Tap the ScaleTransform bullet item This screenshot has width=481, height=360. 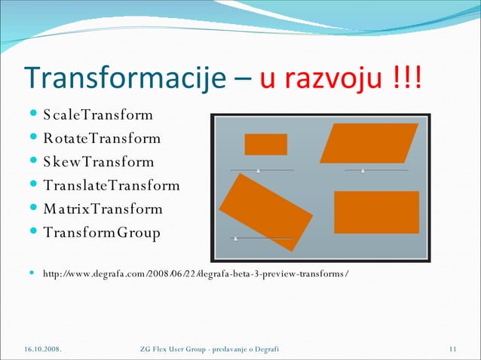[x=98, y=115]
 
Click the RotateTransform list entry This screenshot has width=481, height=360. [x=102, y=139]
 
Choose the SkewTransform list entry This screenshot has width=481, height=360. [x=99, y=162]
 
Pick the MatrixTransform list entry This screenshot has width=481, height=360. [x=103, y=209]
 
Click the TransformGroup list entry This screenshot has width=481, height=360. [x=102, y=233]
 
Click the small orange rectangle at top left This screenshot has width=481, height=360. [x=265, y=144]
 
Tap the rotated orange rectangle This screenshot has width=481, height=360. [x=265, y=212]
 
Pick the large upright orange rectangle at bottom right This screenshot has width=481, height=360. [x=376, y=212]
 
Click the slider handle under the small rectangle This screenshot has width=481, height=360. [x=259, y=171]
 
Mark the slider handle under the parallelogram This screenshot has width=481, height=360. [x=363, y=171]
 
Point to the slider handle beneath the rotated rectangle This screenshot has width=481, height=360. [x=236, y=239]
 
